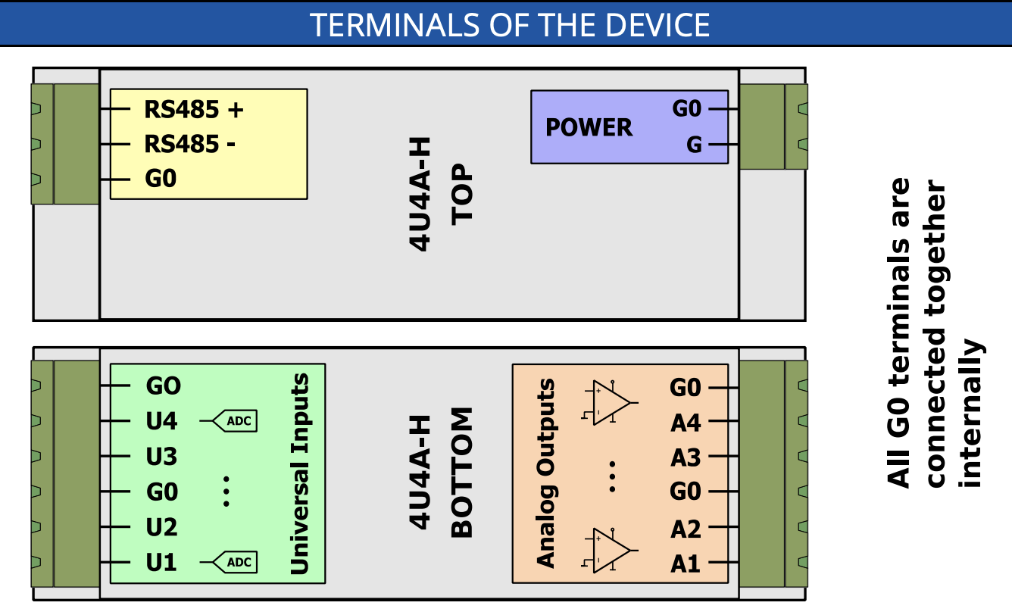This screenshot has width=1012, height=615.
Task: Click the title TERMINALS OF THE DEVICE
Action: (x=510, y=24)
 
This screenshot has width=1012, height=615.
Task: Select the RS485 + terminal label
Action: (x=194, y=110)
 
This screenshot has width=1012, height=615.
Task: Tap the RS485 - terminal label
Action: (x=189, y=144)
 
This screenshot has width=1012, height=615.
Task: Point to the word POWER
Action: (x=589, y=127)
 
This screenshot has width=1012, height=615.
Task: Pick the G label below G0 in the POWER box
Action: (x=694, y=144)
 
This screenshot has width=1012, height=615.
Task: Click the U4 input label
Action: (x=161, y=421)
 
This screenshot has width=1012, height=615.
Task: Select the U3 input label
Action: (x=161, y=457)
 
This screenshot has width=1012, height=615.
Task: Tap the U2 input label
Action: (x=161, y=528)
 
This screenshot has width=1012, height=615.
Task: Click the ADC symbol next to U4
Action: (x=233, y=421)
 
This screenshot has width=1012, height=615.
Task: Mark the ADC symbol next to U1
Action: (x=233, y=563)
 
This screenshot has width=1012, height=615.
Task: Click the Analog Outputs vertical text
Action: (x=545, y=473)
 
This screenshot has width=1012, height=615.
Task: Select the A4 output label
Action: (x=686, y=423)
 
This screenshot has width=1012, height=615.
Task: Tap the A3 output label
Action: (x=686, y=458)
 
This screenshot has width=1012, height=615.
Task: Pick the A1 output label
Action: (x=686, y=564)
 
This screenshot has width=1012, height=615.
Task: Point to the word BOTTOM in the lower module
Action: (x=462, y=473)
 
